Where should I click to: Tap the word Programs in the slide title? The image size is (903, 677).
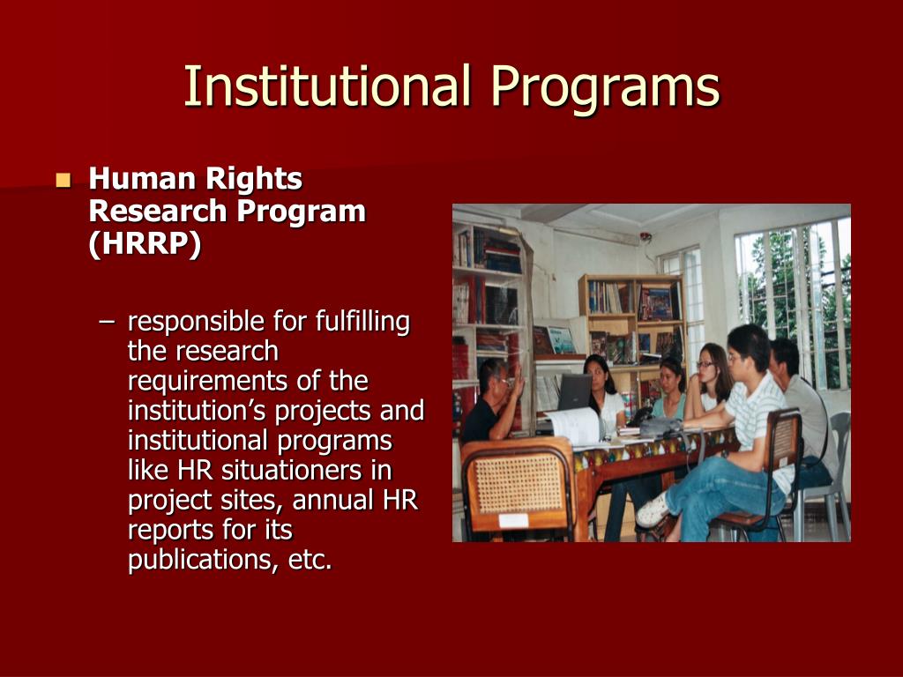pyautogui.click(x=605, y=88)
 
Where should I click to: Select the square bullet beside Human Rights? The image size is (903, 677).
pyautogui.click(x=63, y=181)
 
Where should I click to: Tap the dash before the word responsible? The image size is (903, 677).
pyautogui.click(x=107, y=323)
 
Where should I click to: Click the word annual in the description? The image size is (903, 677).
pyautogui.click(x=333, y=500)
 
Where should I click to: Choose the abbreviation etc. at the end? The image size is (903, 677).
pyautogui.click(x=310, y=560)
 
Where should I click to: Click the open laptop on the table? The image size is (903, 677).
pyautogui.click(x=573, y=392)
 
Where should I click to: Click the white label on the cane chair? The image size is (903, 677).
pyautogui.click(x=512, y=520)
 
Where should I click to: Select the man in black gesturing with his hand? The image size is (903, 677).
pyautogui.click(x=490, y=405)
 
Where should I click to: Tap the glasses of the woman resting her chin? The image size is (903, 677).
pyautogui.click(x=705, y=364)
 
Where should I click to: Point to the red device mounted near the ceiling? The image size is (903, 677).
pyautogui.click(x=646, y=237)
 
